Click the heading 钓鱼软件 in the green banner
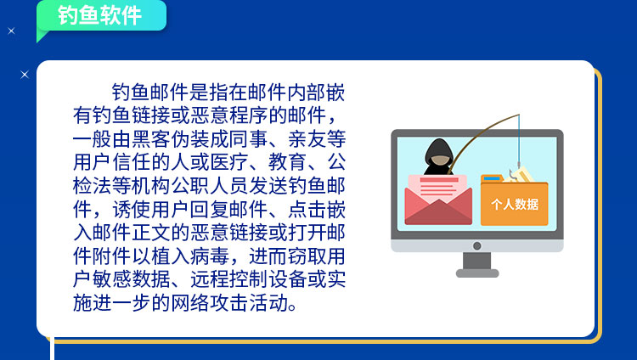point(99,16)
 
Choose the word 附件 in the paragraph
point(112,256)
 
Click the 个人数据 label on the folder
point(515,204)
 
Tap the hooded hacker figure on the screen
point(439,157)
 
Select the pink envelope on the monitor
point(438,200)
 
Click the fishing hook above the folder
point(514,172)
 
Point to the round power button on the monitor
point(477,246)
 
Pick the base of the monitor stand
point(477,273)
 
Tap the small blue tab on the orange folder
point(492,178)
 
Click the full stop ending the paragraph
point(292,307)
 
